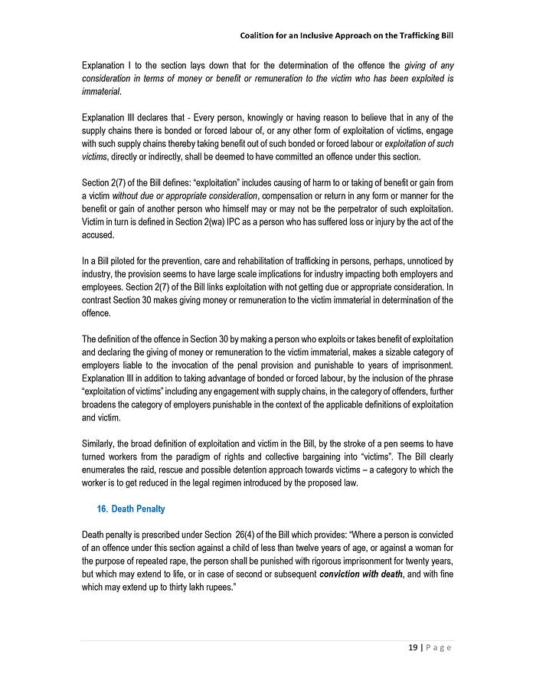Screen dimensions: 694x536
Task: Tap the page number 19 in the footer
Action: click(412, 647)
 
